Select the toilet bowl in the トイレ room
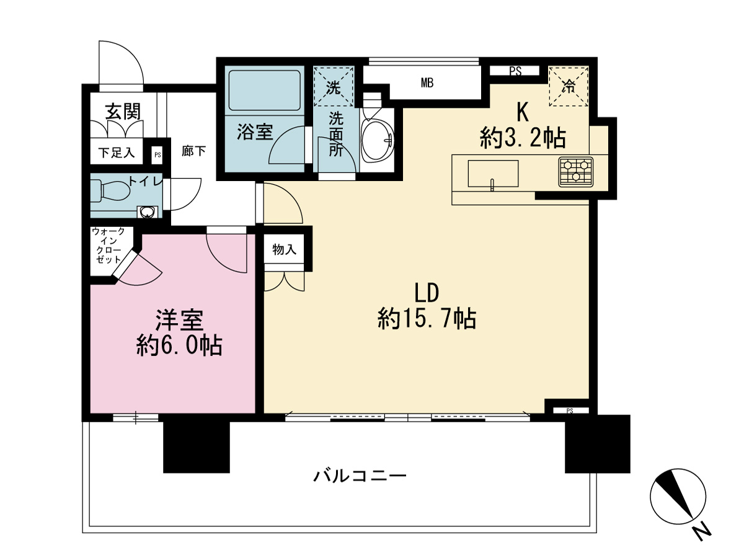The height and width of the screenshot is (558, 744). [112, 190]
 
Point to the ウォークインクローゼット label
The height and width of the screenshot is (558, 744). [112, 246]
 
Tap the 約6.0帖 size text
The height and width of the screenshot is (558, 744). [179, 346]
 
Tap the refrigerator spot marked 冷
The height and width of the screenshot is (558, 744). [568, 87]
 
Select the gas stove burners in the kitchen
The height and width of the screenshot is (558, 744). [576, 172]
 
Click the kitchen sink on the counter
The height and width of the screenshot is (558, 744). [492, 173]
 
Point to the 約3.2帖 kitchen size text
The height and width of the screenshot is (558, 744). [523, 138]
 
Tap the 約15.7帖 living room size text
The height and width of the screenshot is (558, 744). [427, 319]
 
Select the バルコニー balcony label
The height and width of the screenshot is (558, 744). [360, 476]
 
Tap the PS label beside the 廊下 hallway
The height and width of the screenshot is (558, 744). [157, 155]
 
